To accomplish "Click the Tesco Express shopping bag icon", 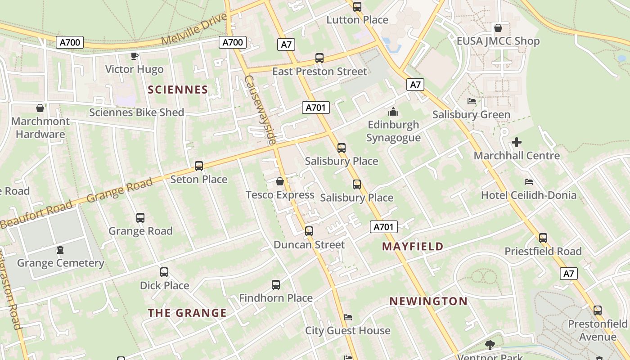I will click(280, 181).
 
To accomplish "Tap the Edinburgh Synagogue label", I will click(393, 131).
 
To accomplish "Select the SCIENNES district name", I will click(178, 90).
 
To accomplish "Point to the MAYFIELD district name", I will click(413, 247).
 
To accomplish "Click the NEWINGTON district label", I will click(428, 301).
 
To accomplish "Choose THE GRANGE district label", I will click(187, 313).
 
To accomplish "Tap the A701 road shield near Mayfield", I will click(384, 227).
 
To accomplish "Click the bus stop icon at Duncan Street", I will click(309, 231).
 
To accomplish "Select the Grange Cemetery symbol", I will click(60, 250).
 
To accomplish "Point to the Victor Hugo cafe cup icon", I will click(134, 56).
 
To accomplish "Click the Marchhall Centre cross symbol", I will click(517, 143).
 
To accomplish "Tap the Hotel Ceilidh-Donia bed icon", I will click(529, 182).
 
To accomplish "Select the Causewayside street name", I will click(260, 110).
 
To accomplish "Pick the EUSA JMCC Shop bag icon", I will click(498, 28).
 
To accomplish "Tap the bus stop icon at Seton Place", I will click(199, 166).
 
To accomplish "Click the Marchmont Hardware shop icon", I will click(40, 108).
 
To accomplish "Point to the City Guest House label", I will click(348, 330).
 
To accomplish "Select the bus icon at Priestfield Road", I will click(543, 238).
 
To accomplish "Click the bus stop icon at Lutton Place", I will click(357, 7).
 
